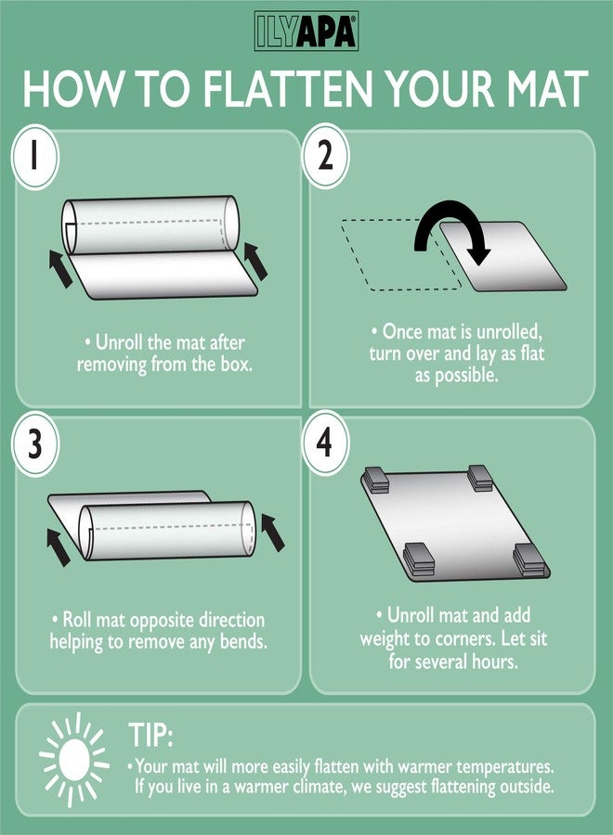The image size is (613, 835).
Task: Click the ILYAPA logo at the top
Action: point(306,31)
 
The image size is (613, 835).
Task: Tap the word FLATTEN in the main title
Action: point(287,88)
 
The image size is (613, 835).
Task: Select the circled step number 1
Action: point(35,157)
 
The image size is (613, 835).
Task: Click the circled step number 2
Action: point(325,156)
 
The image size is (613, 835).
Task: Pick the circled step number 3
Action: point(34,443)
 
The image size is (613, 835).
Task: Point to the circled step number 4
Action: point(325,443)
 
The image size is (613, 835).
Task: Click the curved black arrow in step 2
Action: point(453,221)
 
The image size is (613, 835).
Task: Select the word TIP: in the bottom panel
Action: point(150,736)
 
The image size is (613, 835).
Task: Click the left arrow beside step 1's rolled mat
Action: point(60,268)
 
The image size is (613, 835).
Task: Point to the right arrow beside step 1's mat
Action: point(255,261)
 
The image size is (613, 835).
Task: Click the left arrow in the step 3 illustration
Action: point(59,546)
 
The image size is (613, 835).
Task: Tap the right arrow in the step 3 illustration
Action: point(273,533)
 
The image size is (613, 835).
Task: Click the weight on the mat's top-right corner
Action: point(480,477)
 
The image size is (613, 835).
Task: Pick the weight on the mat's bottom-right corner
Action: point(529,560)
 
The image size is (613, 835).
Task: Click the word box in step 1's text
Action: point(235,365)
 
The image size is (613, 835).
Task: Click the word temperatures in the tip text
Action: point(504,767)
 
